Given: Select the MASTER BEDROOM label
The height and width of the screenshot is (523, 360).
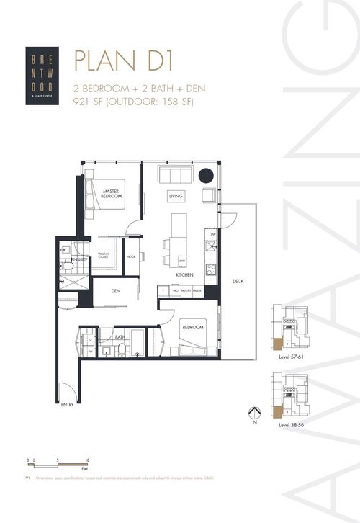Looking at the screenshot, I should coord(110,194).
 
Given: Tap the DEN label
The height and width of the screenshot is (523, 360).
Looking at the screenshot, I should coord(115,291).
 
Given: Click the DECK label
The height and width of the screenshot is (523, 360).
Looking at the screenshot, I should coord(237,282).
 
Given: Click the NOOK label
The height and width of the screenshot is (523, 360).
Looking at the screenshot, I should coord(131,256).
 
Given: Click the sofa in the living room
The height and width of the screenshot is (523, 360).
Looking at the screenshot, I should coord(174,175).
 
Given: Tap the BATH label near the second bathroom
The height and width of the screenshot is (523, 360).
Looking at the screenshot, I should coord(119,336).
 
